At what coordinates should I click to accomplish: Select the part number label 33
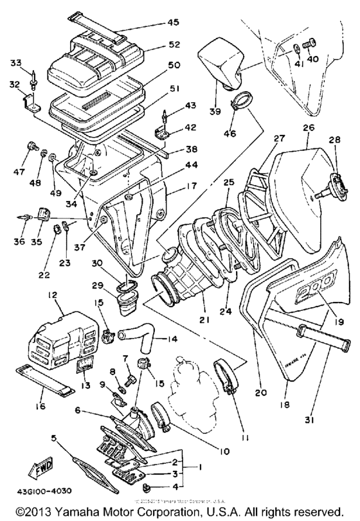(x=16, y=62)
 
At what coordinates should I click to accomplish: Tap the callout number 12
(x=53, y=295)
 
